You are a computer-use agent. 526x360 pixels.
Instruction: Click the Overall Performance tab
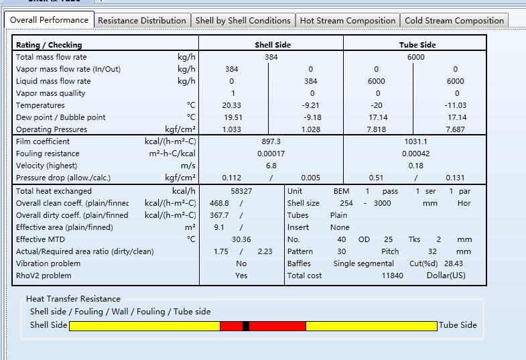click(49, 20)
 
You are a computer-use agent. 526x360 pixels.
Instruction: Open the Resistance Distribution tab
click(142, 21)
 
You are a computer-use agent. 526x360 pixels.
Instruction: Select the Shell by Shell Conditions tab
click(243, 21)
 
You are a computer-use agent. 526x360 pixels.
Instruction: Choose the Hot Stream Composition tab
click(348, 21)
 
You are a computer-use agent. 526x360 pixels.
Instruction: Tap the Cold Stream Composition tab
click(454, 21)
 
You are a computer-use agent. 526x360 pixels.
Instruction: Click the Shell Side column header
click(273, 45)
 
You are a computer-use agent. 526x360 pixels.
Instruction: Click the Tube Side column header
click(417, 45)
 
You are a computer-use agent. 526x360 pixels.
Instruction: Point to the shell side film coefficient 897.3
click(271, 141)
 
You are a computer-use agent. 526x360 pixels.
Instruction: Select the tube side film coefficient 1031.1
click(415, 141)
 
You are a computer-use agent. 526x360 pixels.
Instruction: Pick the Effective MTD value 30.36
click(241, 239)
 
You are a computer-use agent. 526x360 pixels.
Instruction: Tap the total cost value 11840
click(392, 276)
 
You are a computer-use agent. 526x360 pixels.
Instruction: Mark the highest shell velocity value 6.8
click(271, 166)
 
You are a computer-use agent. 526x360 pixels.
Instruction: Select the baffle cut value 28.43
click(454, 263)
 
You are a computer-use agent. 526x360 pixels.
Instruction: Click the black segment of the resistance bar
click(246, 326)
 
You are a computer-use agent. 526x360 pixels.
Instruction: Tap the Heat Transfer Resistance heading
click(73, 299)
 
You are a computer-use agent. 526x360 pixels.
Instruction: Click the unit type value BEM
click(341, 191)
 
